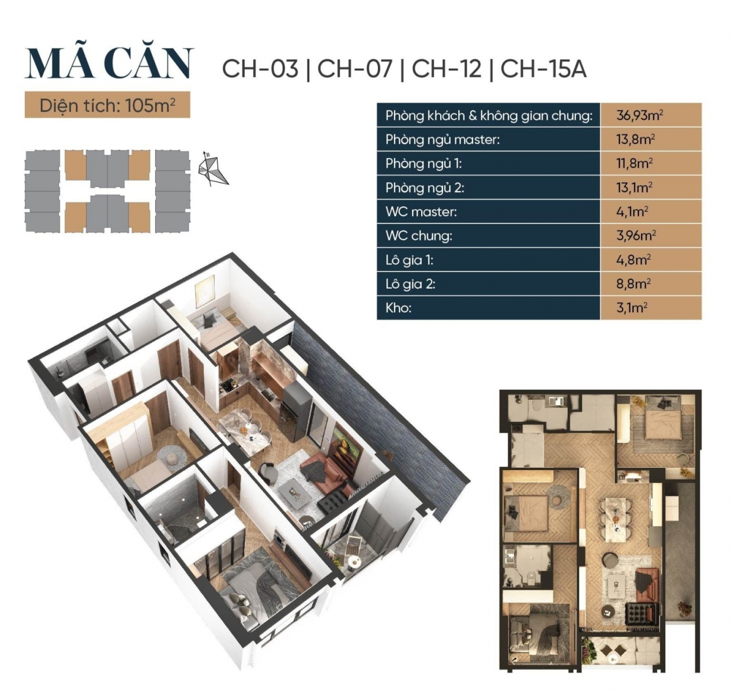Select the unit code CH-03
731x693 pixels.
(x=260, y=69)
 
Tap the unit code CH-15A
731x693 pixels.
(x=543, y=69)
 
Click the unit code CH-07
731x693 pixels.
(x=355, y=69)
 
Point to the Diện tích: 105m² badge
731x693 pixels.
(x=107, y=106)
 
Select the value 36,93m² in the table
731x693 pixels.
(x=639, y=115)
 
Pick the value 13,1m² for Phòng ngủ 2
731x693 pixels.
(x=634, y=188)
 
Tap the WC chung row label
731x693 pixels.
(x=419, y=236)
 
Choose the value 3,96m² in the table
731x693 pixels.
(x=636, y=236)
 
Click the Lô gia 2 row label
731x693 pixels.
(x=410, y=284)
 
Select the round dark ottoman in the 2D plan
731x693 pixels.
(x=610, y=560)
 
